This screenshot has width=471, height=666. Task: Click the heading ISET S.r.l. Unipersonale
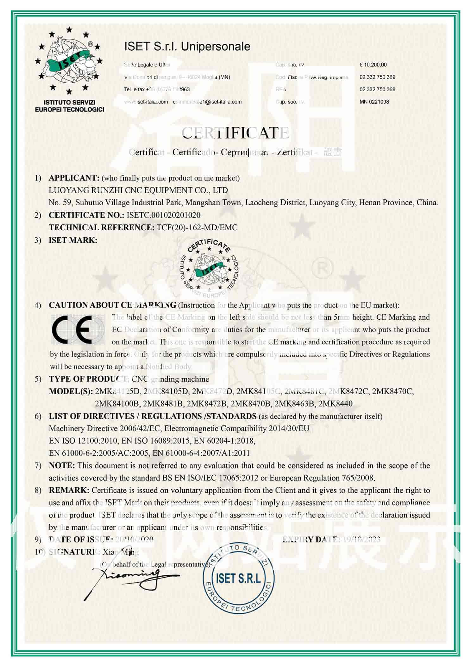coord(187,47)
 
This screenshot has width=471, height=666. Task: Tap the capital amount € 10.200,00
coord(373,65)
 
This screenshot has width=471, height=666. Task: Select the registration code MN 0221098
coord(374,102)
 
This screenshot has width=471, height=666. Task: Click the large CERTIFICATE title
coord(235,133)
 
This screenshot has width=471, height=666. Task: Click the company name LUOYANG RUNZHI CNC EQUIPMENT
coord(138,190)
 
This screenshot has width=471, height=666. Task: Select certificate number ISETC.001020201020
coord(163,215)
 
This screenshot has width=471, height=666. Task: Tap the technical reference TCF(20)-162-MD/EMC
coord(197,227)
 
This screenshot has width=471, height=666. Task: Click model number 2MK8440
coord(335,404)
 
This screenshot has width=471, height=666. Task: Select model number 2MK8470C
coord(393,391)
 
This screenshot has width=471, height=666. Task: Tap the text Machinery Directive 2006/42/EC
coord(106,428)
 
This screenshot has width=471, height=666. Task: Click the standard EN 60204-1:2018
coord(224,441)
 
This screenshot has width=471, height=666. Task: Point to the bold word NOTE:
coord(62,465)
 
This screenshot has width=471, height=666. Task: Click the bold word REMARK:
coord(69,490)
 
